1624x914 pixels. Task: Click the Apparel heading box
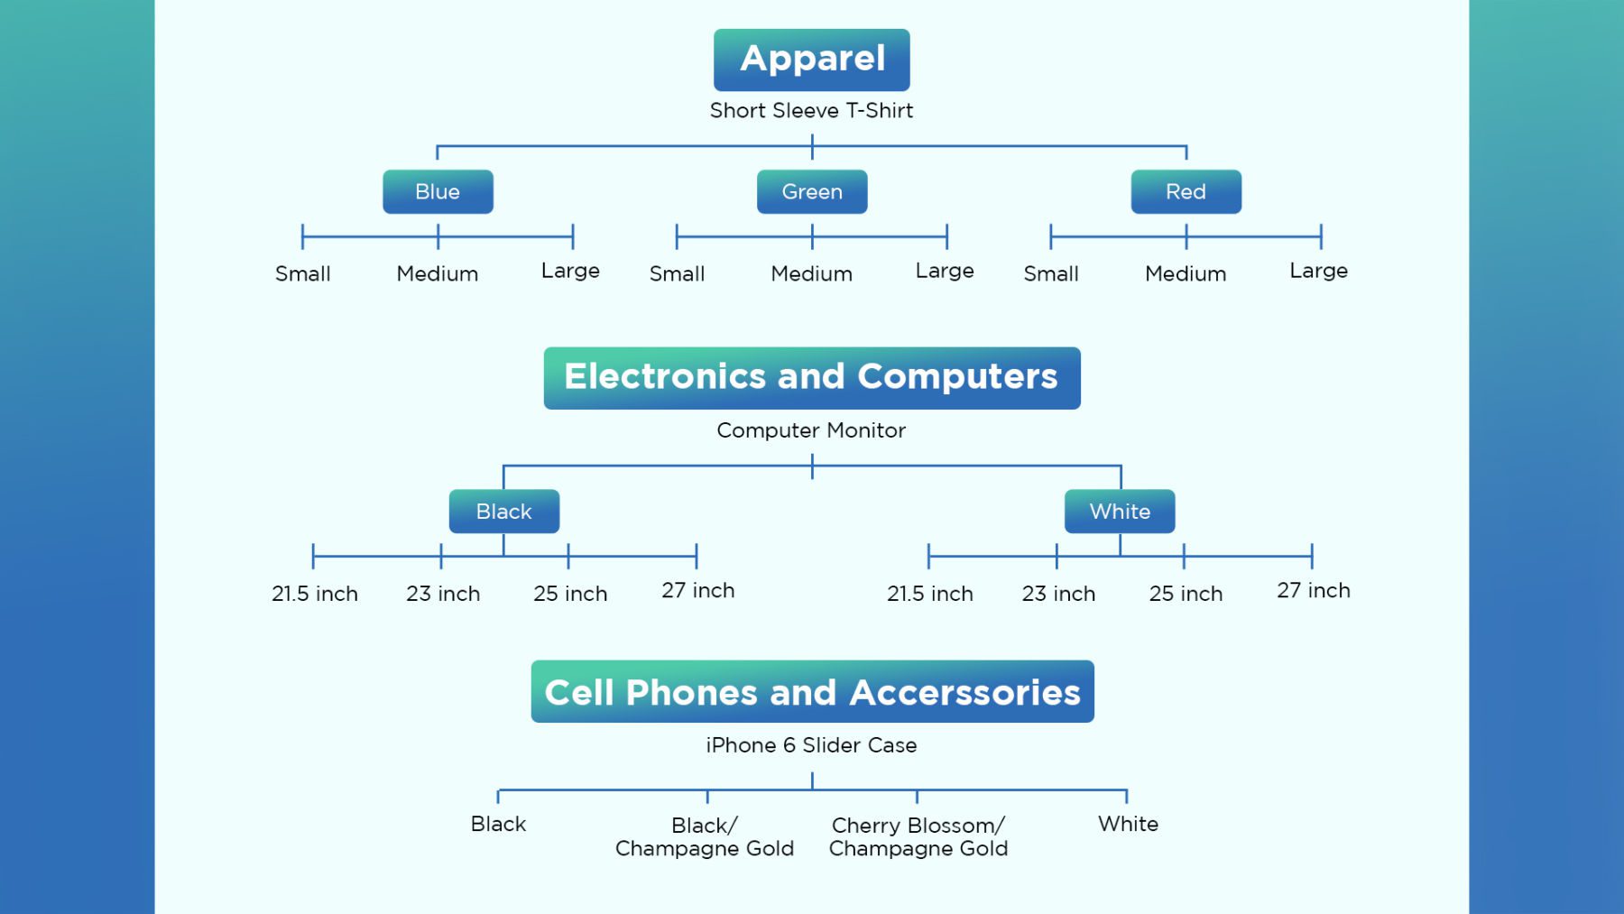click(811, 60)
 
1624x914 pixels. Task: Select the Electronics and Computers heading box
click(812, 378)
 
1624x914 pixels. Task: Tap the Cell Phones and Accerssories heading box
click(812, 691)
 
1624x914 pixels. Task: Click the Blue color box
click(438, 191)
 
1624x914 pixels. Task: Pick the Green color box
click(812, 191)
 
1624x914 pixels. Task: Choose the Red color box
click(1186, 191)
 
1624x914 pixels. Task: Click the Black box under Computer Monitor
click(504, 512)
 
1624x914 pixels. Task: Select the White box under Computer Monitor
click(1120, 512)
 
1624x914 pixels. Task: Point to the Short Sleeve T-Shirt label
click(811, 110)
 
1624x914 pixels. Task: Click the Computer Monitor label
click(811, 430)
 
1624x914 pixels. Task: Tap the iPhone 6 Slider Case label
click(811, 745)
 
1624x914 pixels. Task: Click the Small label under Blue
click(303, 273)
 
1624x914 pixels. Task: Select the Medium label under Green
click(812, 273)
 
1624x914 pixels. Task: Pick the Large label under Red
click(1319, 271)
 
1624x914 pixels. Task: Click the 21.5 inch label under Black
click(315, 594)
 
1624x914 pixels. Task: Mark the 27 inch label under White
click(1314, 590)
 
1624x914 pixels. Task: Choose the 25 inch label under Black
click(570, 594)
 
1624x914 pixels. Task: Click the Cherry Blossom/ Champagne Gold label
click(918, 837)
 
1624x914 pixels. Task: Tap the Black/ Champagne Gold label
click(705, 837)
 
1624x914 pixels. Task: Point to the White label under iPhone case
click(1128, 824)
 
